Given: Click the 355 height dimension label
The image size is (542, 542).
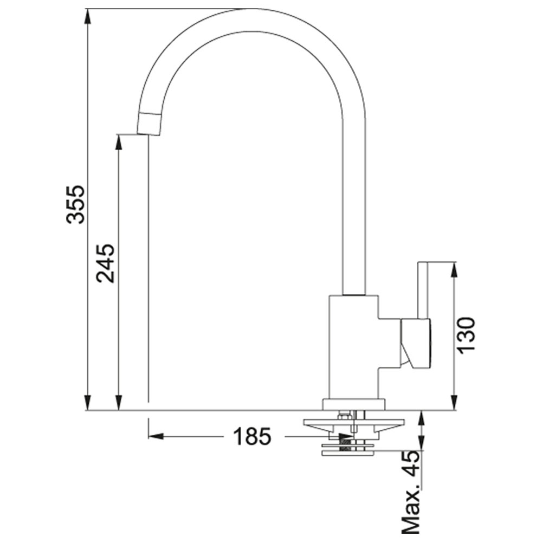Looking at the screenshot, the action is click(75, 204).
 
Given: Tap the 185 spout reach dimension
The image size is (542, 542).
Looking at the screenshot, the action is click(252, 436).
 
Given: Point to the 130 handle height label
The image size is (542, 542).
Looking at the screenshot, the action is click(466, 334).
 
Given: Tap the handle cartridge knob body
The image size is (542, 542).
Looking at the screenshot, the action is click(416, 342).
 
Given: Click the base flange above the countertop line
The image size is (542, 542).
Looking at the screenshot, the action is click(353, 405).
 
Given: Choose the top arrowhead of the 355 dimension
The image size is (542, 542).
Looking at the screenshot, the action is click(88, 16).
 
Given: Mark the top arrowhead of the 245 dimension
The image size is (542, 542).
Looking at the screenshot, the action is click(119, 141).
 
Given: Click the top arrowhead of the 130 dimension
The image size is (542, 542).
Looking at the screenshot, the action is click(455, 270).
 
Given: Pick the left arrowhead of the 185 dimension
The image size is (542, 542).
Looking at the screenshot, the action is click(156, 436).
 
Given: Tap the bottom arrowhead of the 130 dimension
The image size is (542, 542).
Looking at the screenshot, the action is click(455, 403).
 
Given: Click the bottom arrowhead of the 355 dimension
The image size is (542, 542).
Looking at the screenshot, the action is click(88, 403).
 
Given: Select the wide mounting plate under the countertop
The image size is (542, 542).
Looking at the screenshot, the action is click(353, 422).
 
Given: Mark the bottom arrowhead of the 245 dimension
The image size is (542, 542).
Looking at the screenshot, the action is click(119, 403).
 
